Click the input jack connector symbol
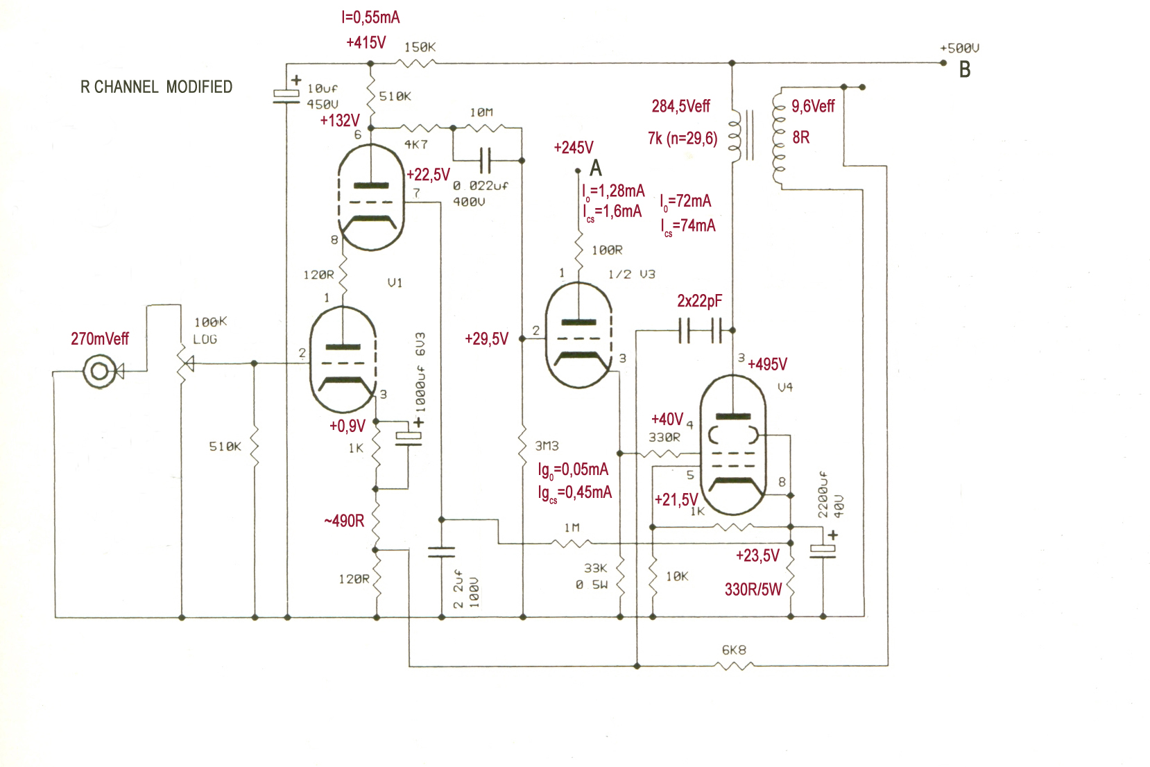100,371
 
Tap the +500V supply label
959,49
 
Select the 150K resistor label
420,47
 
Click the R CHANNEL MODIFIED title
156,87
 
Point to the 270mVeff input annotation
100,339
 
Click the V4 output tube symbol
733,445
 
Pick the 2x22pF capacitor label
699,301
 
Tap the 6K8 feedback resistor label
734,650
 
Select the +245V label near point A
574,148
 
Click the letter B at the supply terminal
965,70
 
